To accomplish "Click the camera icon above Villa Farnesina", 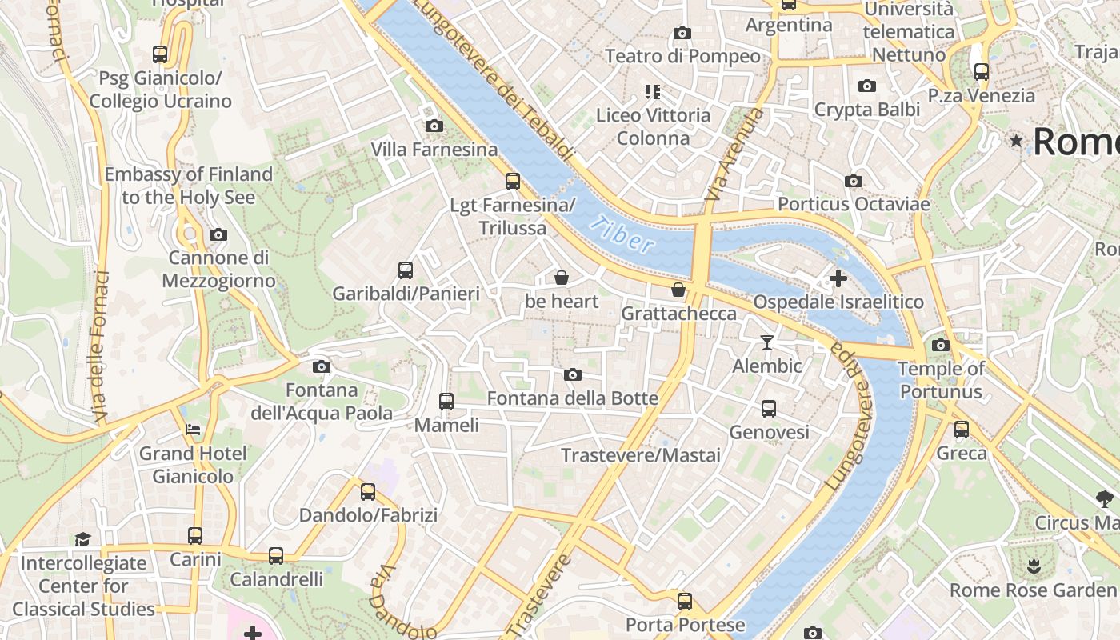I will click(434, 126).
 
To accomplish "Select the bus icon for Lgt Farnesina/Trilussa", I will click(513, 182).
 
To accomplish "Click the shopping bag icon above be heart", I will click(562, 278).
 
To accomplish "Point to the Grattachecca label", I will click(678, 313).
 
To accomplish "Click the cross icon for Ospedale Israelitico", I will click(838, 278).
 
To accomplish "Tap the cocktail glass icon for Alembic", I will click(767, 342).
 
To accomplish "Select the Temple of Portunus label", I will click(941, 380).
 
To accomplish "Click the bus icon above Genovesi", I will click(769, 409).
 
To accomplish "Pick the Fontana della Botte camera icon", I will click(572, 374).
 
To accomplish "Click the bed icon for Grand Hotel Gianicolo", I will click(193, 430).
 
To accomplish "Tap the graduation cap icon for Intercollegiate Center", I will click(83, 539).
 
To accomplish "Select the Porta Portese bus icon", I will click(685, 602).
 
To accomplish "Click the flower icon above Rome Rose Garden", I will click(1033, 566).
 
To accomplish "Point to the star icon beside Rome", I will click(1016, 141).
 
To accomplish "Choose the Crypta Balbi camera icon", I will click(866, 86).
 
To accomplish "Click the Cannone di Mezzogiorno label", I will click(218, 270).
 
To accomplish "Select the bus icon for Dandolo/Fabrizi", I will click(368, 492).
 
